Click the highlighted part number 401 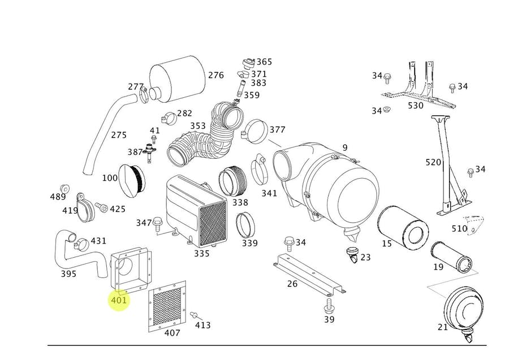click(x=119, y=300)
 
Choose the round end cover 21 click(x=466, y=310)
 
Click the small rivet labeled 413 click(x=193, y=315)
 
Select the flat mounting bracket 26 click(x=309, y=275)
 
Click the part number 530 click(x=416, y=106)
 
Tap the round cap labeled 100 click(x=133, y=178)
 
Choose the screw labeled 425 click(x=101, y=207)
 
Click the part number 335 click(x=202, y=254)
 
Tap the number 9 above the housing click(x=345, y=148)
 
